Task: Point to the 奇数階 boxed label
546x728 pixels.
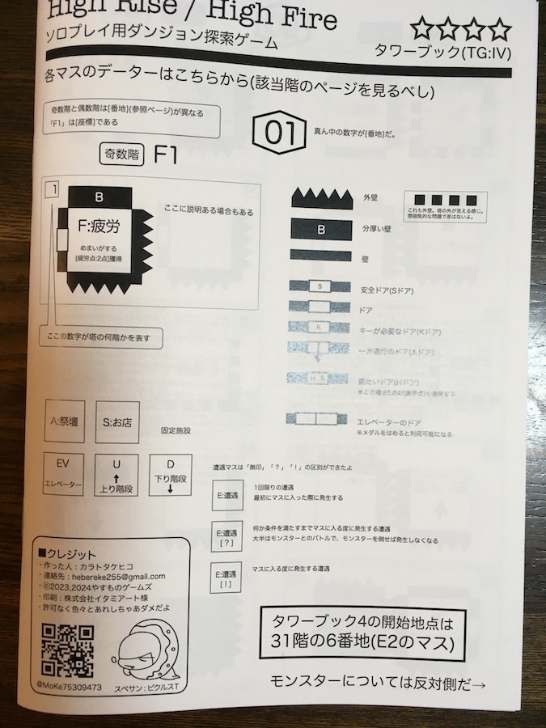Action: click(x=121, y=154)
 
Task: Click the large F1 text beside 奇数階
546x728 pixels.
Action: click(x=166, y=154)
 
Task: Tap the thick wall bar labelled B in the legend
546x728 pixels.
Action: click(x=321, y=229)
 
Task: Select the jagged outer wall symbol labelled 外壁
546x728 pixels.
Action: click(x=321, y=197)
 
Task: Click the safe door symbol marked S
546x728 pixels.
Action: click(x=320, y=286)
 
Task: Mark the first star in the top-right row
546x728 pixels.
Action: click(x=421, y=31)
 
